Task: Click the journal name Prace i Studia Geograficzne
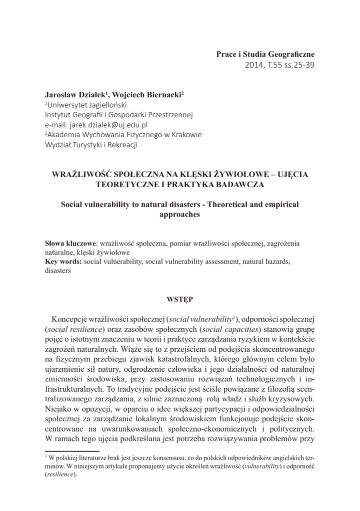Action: (265, 54)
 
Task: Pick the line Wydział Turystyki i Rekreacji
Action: (91, 145)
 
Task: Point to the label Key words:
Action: (63, 261)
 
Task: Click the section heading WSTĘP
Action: (179, 299)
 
